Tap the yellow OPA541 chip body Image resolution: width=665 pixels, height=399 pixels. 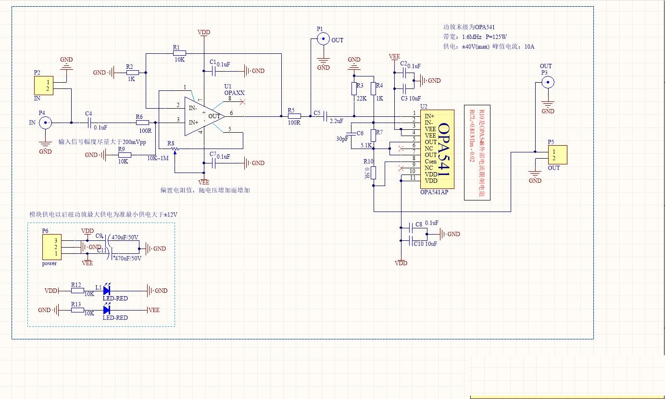[x=437, y=149]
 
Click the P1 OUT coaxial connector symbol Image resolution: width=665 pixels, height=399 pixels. [x=323, y=39]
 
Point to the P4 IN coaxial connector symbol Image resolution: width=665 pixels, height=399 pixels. [x=45, y=123]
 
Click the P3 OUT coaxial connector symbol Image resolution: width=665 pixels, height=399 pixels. [x=547, y=82]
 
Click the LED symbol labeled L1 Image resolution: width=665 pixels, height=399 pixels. [x=107, y=290]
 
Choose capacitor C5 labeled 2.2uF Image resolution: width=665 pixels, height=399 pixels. [x=326, y=116]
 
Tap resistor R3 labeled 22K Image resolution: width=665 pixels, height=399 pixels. [x=354, y=88]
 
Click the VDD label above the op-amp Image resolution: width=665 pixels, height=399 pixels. [x=204, y=32]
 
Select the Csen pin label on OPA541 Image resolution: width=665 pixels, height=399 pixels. [x=431, y=162]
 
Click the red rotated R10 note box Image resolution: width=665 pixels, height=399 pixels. [x=477, y=152]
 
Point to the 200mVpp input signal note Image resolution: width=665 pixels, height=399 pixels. [x=102, y=142]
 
